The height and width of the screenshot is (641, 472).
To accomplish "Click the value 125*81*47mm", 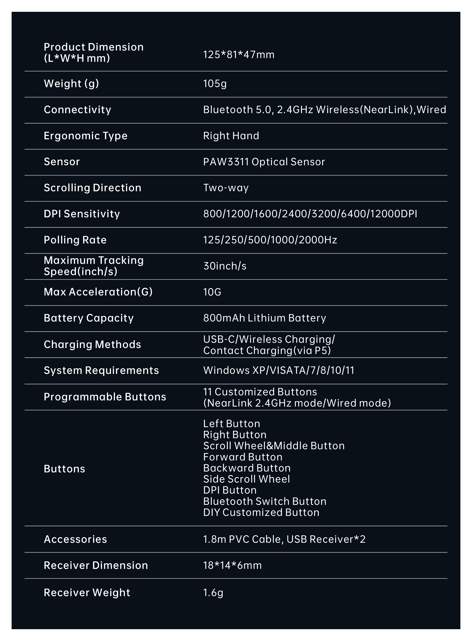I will click(x=239, y=55).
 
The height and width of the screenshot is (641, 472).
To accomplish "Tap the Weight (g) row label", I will click(x=71, y=83).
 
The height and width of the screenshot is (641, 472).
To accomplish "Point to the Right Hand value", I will click(x=231, y=136).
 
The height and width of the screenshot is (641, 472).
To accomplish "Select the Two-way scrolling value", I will click(x=226, y=188).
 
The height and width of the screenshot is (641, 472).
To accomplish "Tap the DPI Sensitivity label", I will click(x=82, y=214).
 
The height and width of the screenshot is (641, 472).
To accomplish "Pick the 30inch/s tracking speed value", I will click(x=225, y=266).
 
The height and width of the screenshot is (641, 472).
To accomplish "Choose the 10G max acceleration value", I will click(x=212, y=292).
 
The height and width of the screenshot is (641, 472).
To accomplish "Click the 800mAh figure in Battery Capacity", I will click(x=224, y=318).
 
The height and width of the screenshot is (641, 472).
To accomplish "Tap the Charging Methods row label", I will click(x=92, y=344).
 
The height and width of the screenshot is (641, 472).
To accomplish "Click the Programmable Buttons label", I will click(x=105, y=397).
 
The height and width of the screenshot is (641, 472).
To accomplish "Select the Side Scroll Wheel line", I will click(x=246, y=479).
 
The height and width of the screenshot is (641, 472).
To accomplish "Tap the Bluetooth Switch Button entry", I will click(x=265, y=501).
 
